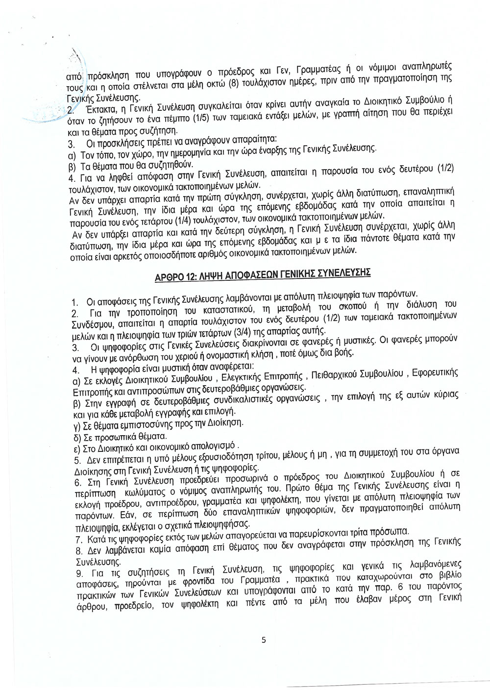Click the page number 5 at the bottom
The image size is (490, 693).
point(264,639)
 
